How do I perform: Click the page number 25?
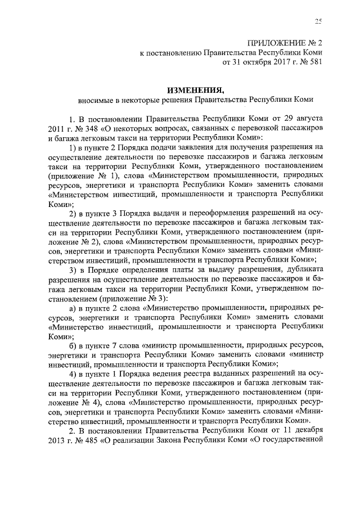[318, 21]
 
